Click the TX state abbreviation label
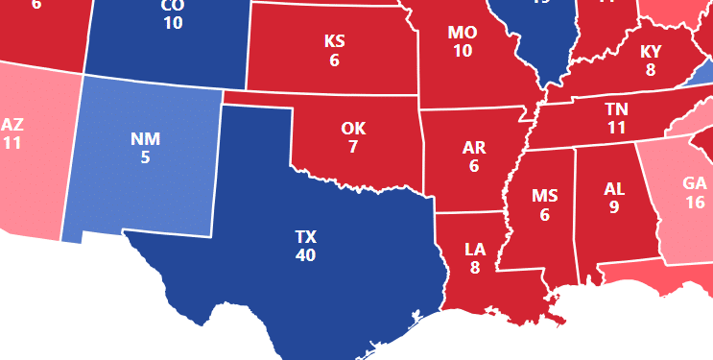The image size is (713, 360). tap(306, 237)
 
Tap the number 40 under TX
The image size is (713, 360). tap(306, 255)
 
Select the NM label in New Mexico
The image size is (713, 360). tap(145, 138)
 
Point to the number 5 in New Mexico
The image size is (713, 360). tap(145, 156)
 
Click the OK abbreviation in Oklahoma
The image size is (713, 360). tap(353, 129)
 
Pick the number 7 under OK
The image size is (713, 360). tap(353, 147)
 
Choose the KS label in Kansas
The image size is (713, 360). tap(334, 41)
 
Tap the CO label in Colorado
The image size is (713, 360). tap(173, 5)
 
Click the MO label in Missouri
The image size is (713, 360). tap(463, 33)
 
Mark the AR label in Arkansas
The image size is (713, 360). tap(474, 148)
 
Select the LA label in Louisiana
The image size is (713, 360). tap(475, 250)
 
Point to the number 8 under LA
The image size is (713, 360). tap(475, 268)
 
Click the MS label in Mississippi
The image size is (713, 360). tap(545, 197)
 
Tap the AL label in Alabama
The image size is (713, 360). tap(614, 188)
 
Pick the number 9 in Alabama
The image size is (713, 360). tap(614, 206)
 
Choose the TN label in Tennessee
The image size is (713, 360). tap(616, 108)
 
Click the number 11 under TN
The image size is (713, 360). tap(616, 127)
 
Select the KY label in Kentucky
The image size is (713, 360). tap(651, 52)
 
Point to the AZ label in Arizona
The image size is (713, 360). tap(12, 125)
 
